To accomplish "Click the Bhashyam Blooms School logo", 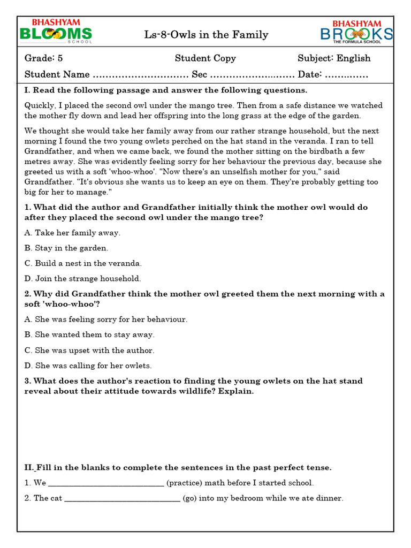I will (x=56, y=32).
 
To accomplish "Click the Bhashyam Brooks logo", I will (x=356, y=32).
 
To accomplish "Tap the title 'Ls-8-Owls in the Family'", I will (x=206, y=35).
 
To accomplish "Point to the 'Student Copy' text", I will (x=205, y=58).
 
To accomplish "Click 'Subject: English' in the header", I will (x=334, y=58).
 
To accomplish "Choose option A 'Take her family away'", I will (x=72, y=233).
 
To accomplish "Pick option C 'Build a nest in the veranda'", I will (x=83, y=263).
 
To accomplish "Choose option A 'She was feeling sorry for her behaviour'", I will (x=106, y=319).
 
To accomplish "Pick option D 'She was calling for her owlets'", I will (x=88, y=366).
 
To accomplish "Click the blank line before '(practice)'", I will (x=106, y=484).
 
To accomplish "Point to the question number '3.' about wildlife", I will (x=28, y=381).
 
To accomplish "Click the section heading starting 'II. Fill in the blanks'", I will (x=178, y=467).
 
